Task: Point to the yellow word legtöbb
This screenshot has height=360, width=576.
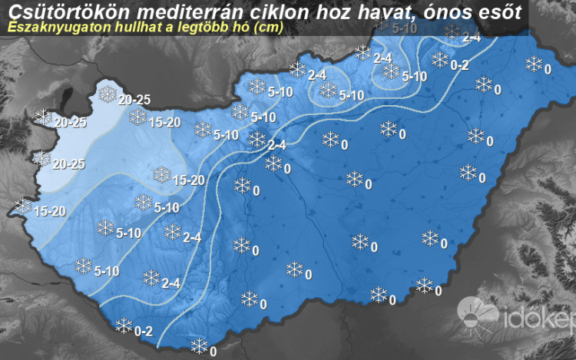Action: click(x=192, y=27)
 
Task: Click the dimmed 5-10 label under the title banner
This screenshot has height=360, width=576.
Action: click(x=405, y=29)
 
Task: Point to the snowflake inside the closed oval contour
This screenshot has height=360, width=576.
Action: click(x=328, y=91)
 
